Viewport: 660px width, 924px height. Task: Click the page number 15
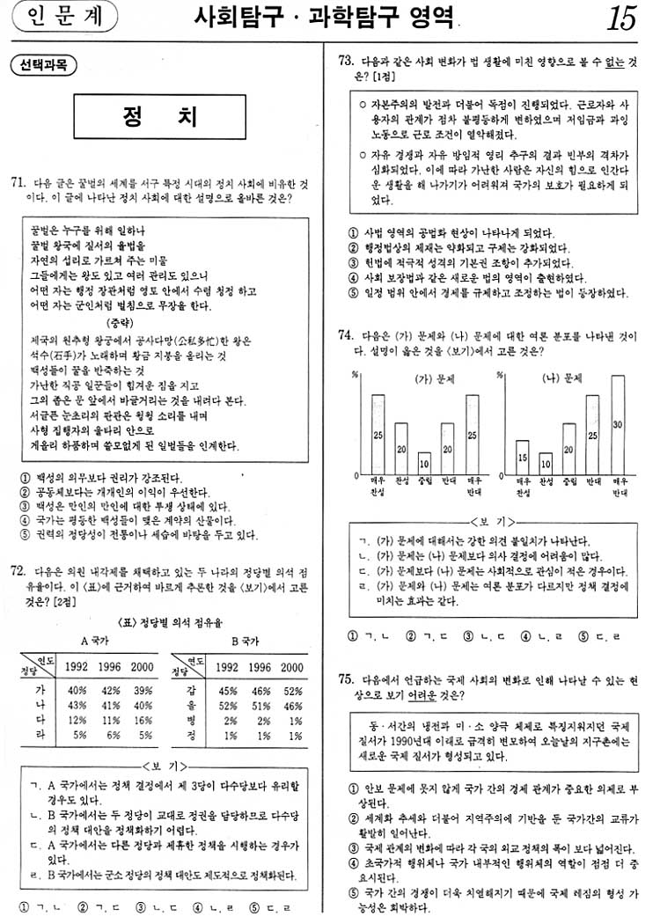pos(622,19)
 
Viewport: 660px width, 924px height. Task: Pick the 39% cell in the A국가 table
pos(141,690)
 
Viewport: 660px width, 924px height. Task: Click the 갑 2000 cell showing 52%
pos(291,690)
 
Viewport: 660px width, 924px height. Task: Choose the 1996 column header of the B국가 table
pos(259,668)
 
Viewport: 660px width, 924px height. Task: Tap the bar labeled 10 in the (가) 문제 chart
pos(424,463)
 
